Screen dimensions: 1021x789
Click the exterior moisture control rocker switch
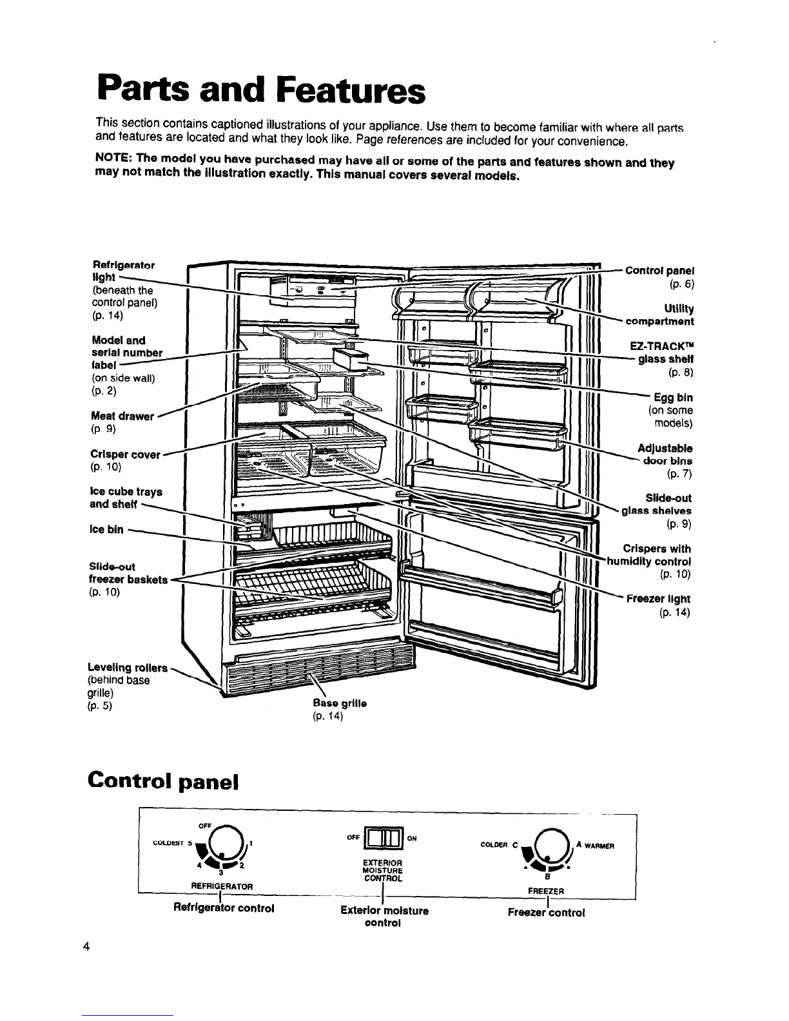tap(383, 839)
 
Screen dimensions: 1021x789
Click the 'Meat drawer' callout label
tap(123, 416)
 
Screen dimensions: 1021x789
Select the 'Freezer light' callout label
tap(659, 599)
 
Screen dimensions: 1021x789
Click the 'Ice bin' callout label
tap(106, 529)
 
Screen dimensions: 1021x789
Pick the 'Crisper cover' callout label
tap(126, 454)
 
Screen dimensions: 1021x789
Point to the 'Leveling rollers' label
tap(128, 667)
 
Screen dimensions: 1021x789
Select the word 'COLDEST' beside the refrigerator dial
tap(169, 842)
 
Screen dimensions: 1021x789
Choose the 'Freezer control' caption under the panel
tap(546, 913)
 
